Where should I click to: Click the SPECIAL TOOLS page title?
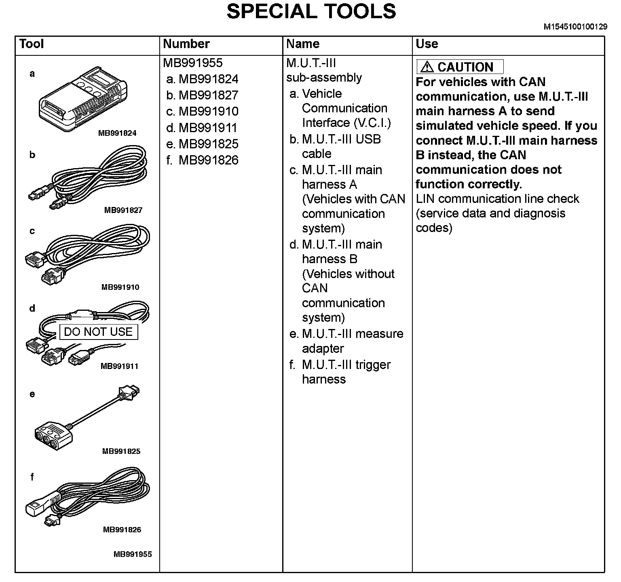[311, 11]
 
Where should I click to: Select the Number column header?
[186, 44]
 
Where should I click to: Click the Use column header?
[427, 44]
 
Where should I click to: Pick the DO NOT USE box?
[98, 332]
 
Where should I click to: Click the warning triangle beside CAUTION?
[427, 67]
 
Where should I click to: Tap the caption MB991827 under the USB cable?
[123, 210]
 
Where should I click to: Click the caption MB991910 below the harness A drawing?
[120, 287]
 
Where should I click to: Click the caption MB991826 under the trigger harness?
[122, 530]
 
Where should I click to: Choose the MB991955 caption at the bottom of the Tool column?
[133, 555]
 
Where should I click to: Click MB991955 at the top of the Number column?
[192, 63]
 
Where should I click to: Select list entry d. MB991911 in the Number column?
[202, 128]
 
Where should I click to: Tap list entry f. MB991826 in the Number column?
[202, 160]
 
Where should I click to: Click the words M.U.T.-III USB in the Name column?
[341, 139]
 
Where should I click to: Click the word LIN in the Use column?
[425, 199]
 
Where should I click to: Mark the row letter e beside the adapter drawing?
[32, 394]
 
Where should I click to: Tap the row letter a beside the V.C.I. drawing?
[32, 74]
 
